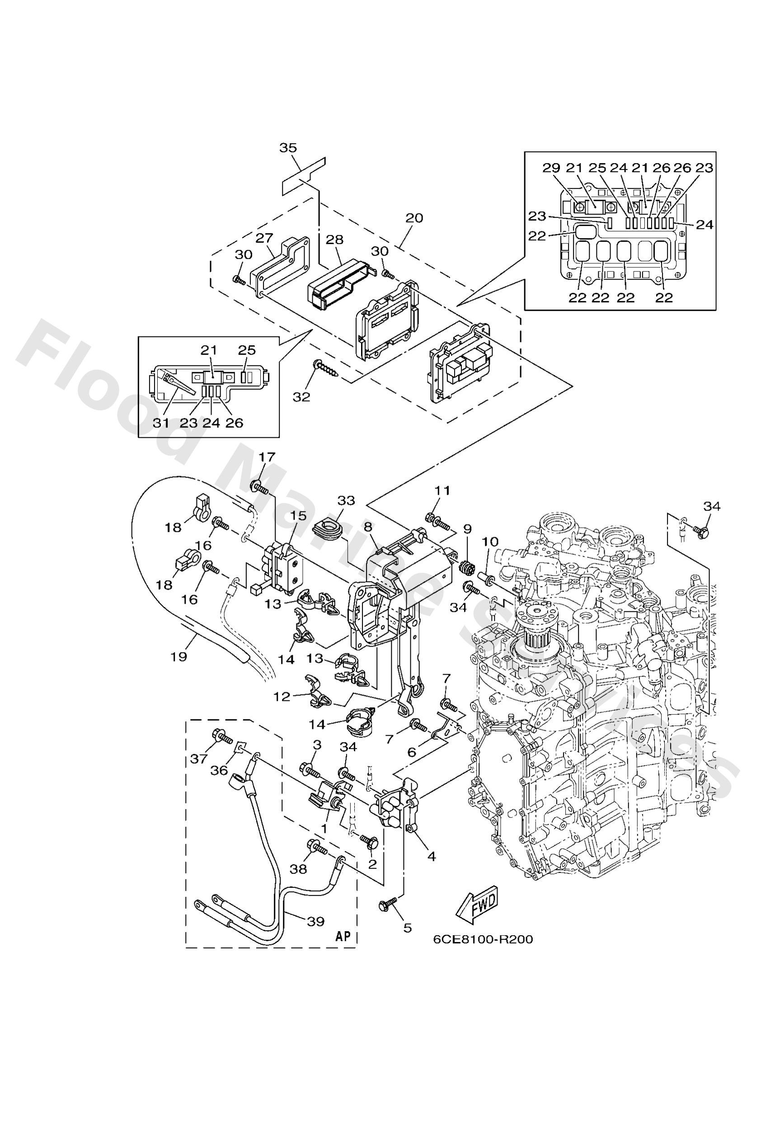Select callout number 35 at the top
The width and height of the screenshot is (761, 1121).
coord(288,148)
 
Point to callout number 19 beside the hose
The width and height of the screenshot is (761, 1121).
coord(179,657)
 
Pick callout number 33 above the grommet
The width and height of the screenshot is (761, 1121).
coord(346,501)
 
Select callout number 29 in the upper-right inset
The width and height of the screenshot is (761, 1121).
coord(551,168)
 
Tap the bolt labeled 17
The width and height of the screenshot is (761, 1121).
coord(258,488)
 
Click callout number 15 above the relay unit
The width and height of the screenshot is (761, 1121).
coord(298,516)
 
